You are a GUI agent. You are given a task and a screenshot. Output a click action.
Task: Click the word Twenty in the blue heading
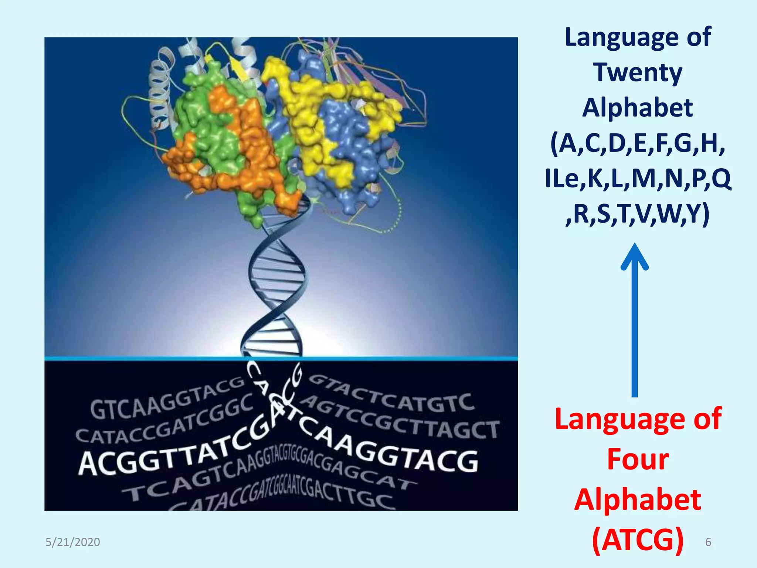[638, 72]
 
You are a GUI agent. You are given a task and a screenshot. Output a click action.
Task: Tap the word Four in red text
[638, 460]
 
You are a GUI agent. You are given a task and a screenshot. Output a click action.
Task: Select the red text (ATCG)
[638, 540]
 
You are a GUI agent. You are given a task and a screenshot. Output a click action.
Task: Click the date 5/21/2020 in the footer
[73, 542]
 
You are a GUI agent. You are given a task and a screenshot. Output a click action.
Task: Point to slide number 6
[708, 542]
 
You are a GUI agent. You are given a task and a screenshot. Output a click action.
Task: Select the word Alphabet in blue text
[638, 108]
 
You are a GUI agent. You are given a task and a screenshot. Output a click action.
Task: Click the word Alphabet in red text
[638, 500]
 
